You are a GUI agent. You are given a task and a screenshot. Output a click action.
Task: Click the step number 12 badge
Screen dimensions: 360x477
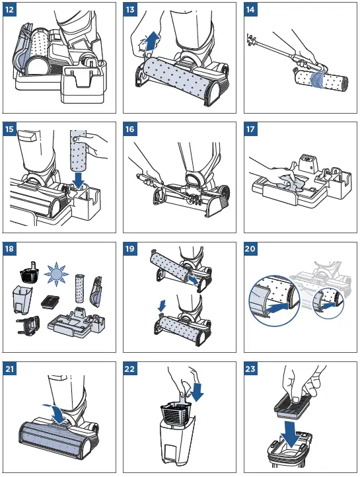pyautogui.click(x=9, y=9)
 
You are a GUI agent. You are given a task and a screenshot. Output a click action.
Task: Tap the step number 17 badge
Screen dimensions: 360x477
pyautogui.click(x=250, y=129)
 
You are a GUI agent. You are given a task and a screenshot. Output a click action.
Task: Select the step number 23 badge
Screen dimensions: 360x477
pyautogui.click(x=250, y=369)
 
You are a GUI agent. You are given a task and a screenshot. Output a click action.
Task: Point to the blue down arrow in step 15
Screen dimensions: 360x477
pyautogui.click(x=79, y=180)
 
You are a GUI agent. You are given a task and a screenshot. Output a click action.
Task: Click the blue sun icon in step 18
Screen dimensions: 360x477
pyautogui.click(x=55, y=275)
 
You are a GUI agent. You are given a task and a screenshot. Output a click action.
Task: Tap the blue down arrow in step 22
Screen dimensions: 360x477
pyautogui.click(x=197, y=390)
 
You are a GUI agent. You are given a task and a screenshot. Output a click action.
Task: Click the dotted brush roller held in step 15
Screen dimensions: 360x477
pyautogui.click(x=78, y=150)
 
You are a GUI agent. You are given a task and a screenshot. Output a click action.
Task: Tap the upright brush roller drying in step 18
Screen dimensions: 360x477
pyautogui.click(x=80, y=288)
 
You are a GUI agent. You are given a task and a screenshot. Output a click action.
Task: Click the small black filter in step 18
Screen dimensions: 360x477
pyautogui.click(x=50, y=302)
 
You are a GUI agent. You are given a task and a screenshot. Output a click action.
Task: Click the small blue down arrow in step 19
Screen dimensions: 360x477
pyautogui.click(x=162, y=305)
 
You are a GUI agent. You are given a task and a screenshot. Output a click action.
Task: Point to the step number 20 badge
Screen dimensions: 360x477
pyautogui.click(x=250, y=249)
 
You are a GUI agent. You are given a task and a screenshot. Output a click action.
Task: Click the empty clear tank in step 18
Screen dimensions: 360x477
pyautogui.click(x=22, y=300)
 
